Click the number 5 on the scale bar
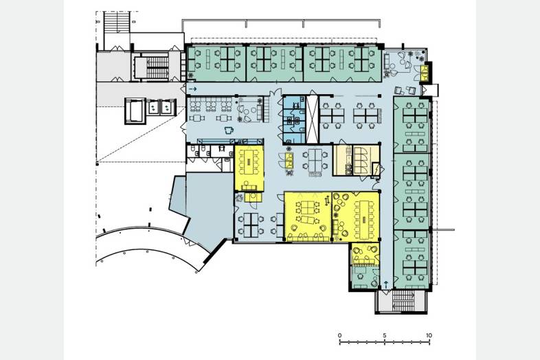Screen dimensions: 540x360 click(x=384, y=335)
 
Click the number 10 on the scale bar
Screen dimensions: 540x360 click(x=429, y=335)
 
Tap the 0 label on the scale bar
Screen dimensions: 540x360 click(x=340, y=335)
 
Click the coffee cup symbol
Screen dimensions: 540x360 click(x=229, y=131)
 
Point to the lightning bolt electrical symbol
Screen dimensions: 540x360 click(x=376, y=169)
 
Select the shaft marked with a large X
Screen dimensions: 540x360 click(x=313, y=119)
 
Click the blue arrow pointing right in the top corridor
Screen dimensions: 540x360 click(x=193, y=89)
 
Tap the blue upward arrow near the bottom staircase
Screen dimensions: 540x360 click(x=386, y=285)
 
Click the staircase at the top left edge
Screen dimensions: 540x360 click(x=117, y=23)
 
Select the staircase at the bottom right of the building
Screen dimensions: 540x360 click(x=403, y=301)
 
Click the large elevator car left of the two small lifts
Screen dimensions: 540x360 click(x=135, y=110)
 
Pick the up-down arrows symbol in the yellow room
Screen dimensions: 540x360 click(x=327, y=200)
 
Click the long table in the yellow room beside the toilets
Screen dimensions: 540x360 click(x=249, y=161)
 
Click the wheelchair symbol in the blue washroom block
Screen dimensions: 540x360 click(x=295, y=104)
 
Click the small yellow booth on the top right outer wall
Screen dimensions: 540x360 click(x=426, y=73)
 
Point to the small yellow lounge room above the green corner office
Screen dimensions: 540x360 click(x=365, y=254)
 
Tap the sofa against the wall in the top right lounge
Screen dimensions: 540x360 click(x=387, y=62)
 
